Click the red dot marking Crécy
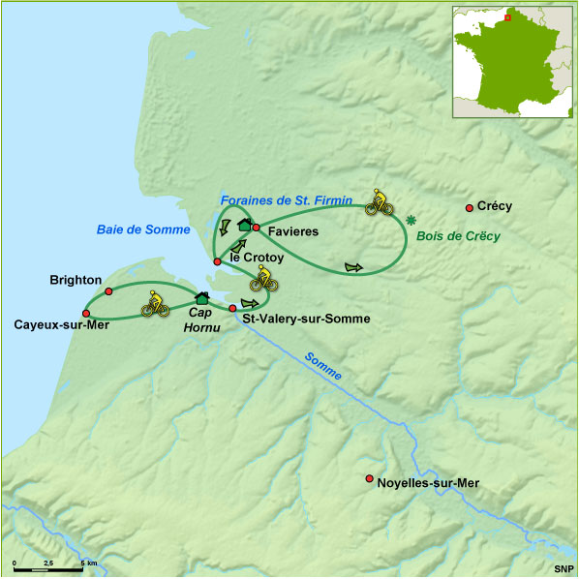470,208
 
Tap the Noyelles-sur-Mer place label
427,482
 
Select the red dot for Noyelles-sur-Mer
369,478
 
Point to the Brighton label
76,280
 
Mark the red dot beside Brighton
109,291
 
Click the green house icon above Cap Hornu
202,297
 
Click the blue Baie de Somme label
136,229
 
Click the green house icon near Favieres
245,225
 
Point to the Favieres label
293,232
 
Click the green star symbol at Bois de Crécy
411,219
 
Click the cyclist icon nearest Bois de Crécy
381,202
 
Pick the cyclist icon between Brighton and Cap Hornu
155,304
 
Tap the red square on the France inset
506,16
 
